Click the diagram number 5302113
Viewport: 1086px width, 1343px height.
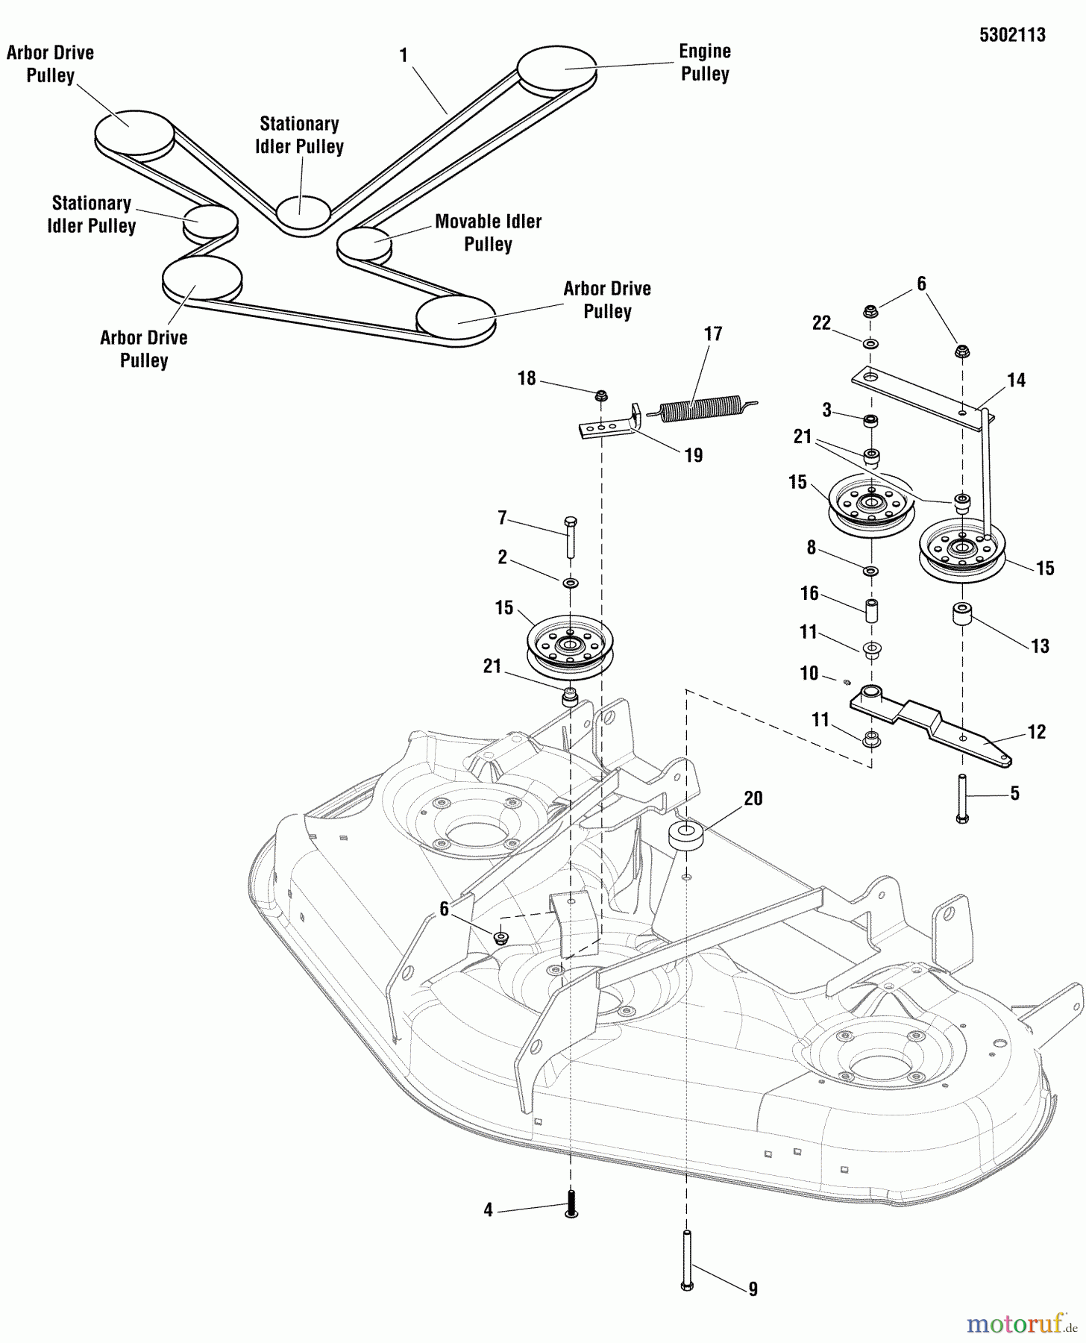click(x=1012, y=35)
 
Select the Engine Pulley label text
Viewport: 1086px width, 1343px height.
click(x=704, y=63)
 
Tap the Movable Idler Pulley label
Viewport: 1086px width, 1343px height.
click(x=488, y=233)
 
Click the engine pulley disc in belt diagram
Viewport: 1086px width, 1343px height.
click(x=556, y=69)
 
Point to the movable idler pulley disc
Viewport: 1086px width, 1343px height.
click(x=364, y=242)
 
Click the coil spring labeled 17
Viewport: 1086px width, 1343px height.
click(x=701, y=409)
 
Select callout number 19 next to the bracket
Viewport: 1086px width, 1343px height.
click(x=694, y=455)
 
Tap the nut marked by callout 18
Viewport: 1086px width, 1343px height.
click(x=599, y=393)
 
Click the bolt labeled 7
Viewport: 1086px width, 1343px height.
click(x=571, y=537)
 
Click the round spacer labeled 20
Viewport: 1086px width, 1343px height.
click(x=687, y=835)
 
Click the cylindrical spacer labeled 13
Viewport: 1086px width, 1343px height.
click(x=961, y=617)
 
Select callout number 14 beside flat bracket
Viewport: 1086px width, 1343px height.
click(x=1016, y=381)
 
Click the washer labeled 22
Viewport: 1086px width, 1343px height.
click(x=870, y=344)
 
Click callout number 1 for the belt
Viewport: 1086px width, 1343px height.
click(x=404, y=56)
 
